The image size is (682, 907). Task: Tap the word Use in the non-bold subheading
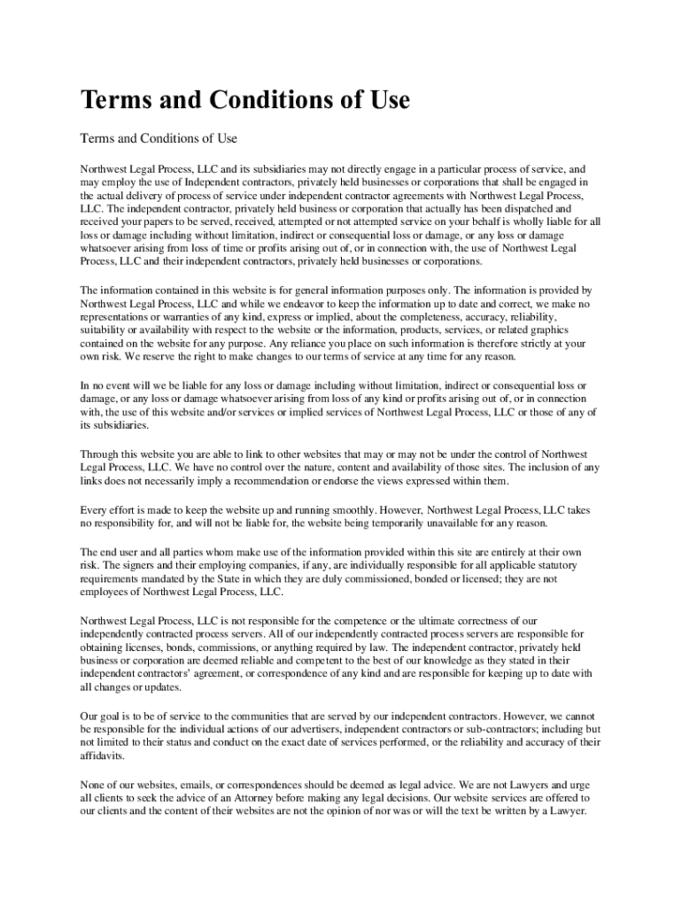[226, 139]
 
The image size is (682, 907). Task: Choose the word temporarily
[402, 523]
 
